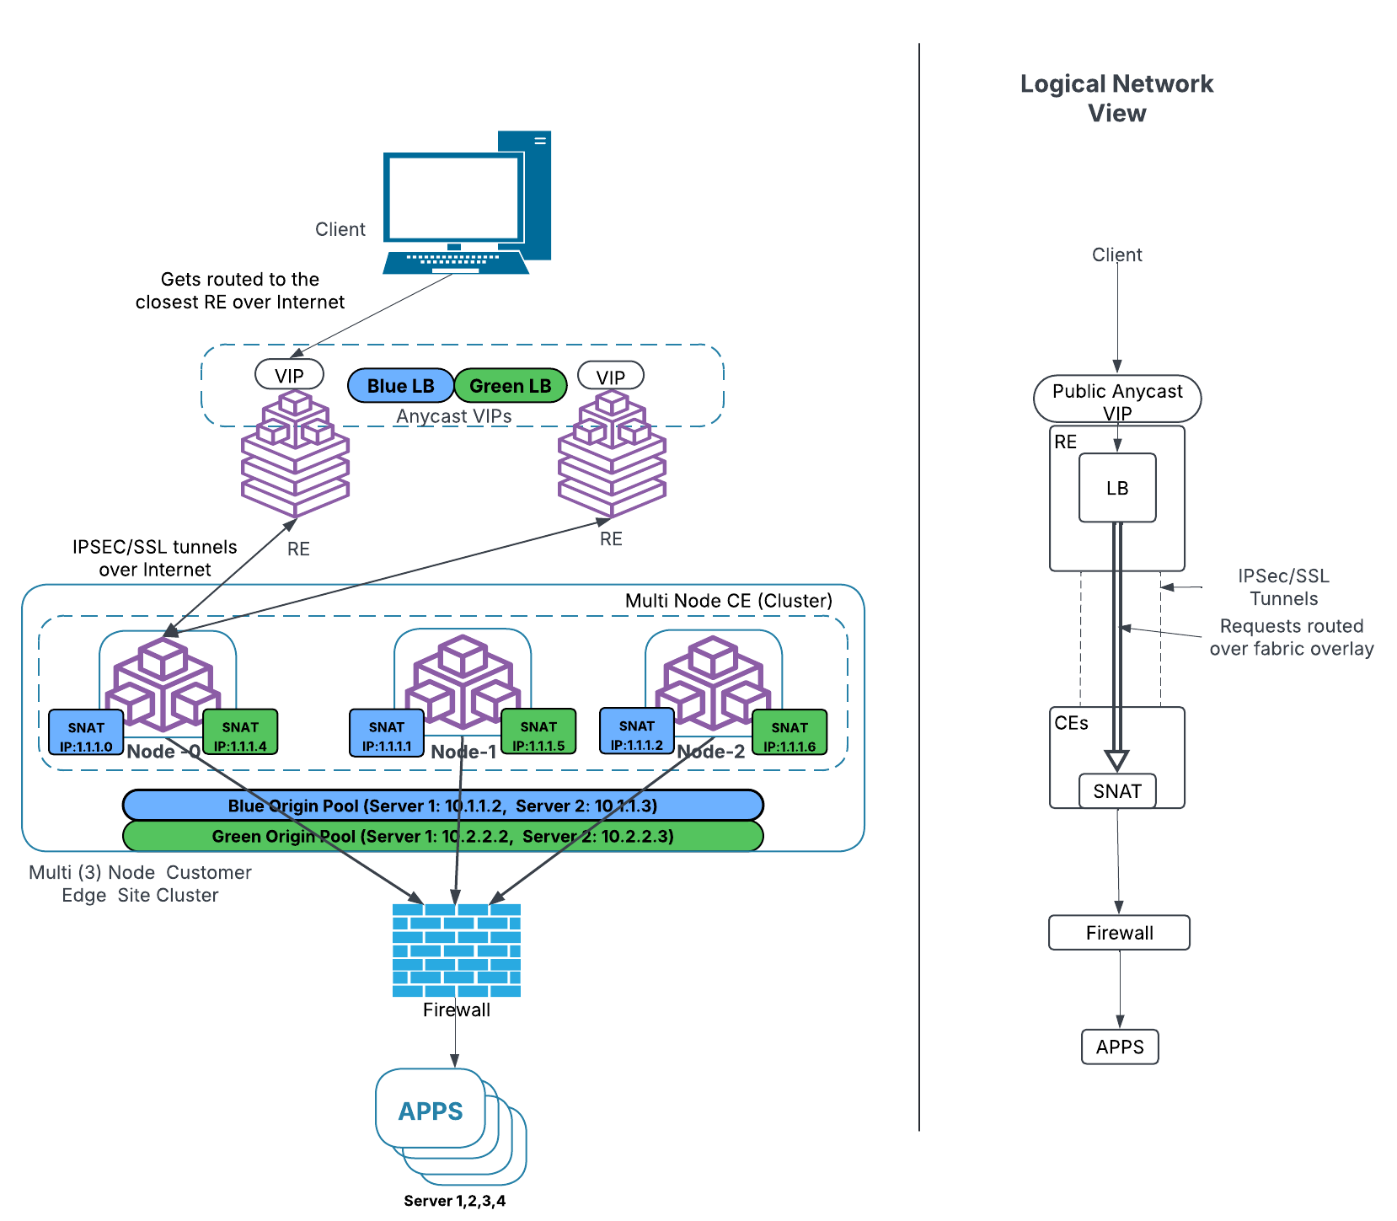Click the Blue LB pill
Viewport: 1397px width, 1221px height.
click(400, 386)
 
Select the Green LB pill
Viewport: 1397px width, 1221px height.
click(510, 386)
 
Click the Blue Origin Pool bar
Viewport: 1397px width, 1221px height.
click(442, 806)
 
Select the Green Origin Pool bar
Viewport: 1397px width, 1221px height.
click(442, 836)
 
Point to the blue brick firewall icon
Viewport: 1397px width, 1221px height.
click(456, 951)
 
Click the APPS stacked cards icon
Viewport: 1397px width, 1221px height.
click(431, 1111)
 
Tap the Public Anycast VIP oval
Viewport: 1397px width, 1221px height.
click(1117, 399)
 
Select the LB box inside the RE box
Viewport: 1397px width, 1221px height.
click(1117, 488)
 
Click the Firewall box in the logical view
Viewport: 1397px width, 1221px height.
click(1119, 933)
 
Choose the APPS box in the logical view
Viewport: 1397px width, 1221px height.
click(1120, 1047)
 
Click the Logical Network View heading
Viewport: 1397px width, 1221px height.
click(1116, 98)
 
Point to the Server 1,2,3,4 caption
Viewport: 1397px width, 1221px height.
click(454, 1201)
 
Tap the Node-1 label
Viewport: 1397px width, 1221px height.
click(463, 752)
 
